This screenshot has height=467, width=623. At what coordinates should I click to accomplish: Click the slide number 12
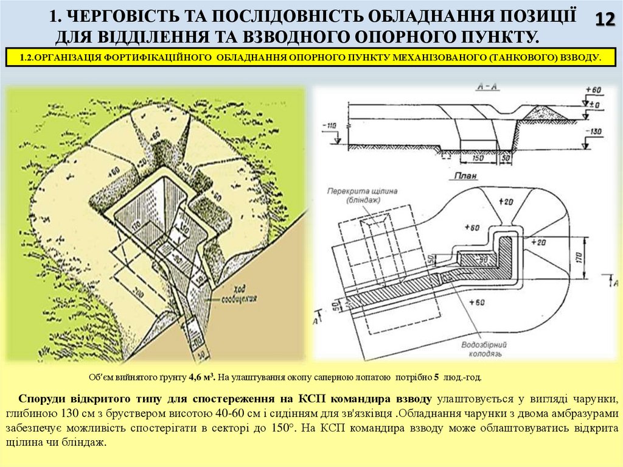point(604,19)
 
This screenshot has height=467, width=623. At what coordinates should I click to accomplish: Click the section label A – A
point(467,87)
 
